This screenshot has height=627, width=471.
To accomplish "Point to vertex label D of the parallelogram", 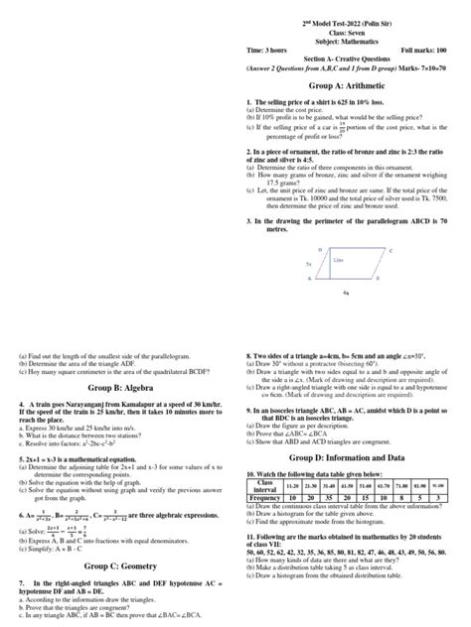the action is tap(320, 222).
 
